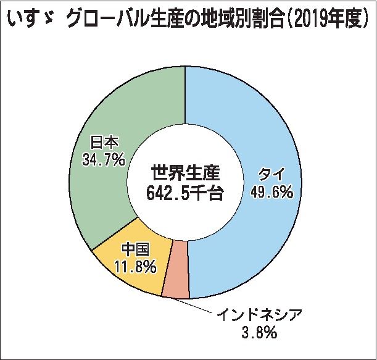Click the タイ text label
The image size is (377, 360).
click(x=271, y=174)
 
